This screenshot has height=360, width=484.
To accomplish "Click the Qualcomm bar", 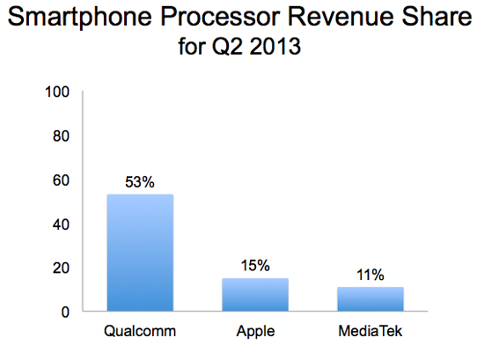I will [140, 252].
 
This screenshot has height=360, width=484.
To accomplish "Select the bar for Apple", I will [254, 294].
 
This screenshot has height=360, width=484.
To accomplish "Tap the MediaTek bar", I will [370, 298].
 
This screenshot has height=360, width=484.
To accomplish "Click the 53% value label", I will [140, 183].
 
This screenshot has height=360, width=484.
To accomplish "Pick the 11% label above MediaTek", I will [370, 276].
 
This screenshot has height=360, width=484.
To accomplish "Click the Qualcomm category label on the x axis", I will [140, 334].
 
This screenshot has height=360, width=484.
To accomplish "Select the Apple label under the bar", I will [254, 334].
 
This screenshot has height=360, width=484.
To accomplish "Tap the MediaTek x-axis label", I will [370, 334].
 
